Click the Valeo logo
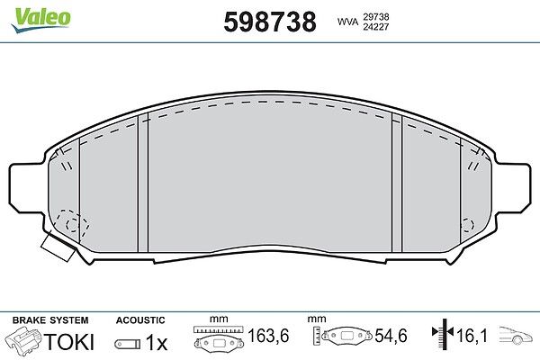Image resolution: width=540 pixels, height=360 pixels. [x=40, y=20]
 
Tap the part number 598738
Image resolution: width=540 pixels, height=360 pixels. [x=270, y=22]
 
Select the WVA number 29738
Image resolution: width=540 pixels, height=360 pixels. [x=375, y=17]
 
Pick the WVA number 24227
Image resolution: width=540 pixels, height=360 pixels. [x=375, y=26]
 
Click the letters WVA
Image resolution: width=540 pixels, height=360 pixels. [x=347, y=22]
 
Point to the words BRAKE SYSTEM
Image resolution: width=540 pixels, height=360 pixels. [x=50, y=320]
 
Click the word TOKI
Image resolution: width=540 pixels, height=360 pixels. [x=69, y=342]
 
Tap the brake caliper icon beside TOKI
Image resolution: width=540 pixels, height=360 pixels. [x=24, y=339]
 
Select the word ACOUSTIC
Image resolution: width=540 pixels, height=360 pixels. [x=140, y=320]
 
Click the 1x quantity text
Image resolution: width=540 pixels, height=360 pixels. [x=157, y=342]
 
